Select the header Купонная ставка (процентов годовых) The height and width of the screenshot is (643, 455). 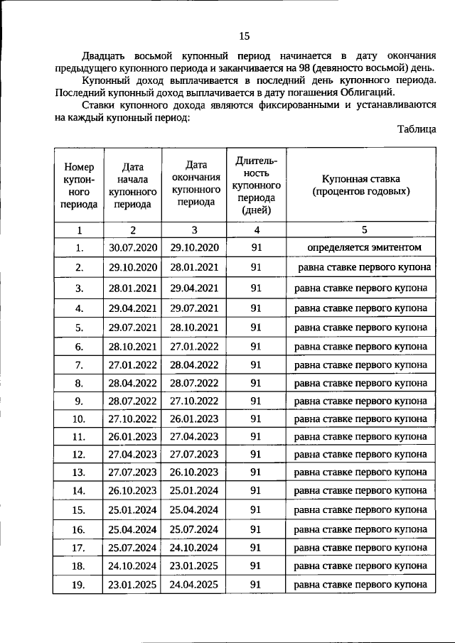[361, 185]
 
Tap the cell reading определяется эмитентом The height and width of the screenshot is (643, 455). [361, 247]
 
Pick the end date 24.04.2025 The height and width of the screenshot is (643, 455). [194, 584]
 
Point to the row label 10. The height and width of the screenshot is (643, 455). [79, 418]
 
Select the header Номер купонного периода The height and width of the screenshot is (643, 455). [79, 185]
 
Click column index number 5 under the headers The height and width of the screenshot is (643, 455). [362, 230]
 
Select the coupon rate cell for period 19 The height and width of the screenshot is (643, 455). [361, 584]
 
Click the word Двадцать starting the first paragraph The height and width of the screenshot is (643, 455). [106, 56]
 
